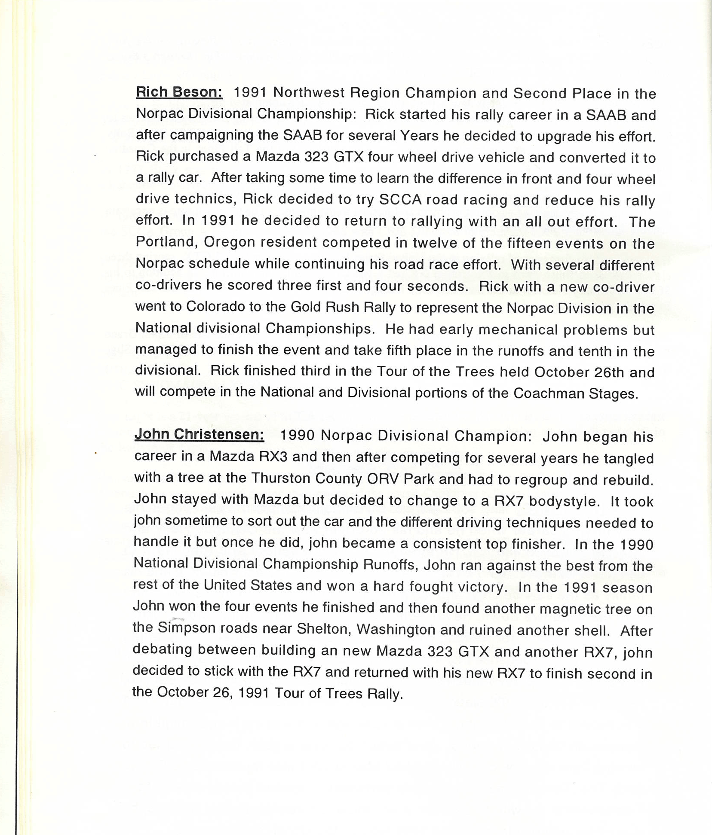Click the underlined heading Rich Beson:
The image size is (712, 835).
point(179,92)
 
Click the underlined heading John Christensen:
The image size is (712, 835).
point(199,434)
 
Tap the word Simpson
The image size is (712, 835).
point(187,628)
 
